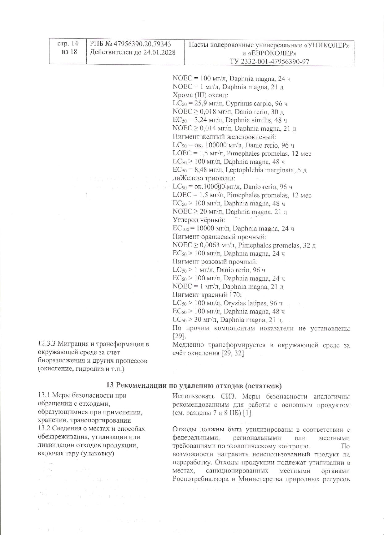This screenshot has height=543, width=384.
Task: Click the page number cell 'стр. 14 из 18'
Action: [68, 47]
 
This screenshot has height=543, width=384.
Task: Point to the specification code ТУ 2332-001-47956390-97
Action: [269, 61]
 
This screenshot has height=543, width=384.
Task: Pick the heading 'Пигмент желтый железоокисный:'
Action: [225, 137]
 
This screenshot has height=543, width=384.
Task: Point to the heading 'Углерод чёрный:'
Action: [199, 220]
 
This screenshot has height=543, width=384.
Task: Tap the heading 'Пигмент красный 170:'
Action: [207, 295]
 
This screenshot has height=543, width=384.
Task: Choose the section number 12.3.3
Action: [46, 344]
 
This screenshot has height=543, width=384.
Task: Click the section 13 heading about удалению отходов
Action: [194, 386]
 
